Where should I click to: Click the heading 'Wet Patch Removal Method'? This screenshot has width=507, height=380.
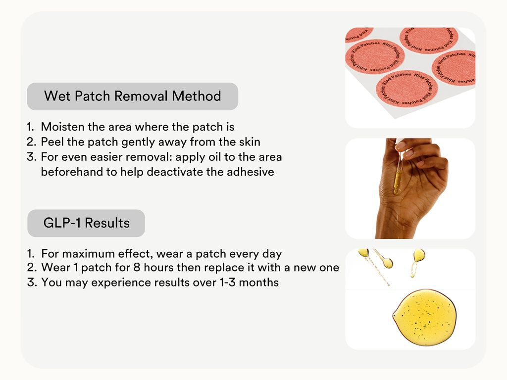[132, 96]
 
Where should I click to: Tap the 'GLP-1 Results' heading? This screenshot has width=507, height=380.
[86, 223]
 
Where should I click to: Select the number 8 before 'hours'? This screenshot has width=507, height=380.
[137, 268]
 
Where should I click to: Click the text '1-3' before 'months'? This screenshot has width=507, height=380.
[228, 283]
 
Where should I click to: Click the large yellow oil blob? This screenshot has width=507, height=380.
[424, 317]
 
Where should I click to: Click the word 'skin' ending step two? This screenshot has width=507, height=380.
[250, 142]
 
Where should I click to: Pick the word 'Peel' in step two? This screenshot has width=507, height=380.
[52, 142]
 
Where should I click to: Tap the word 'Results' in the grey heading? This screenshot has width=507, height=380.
[107, 223]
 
